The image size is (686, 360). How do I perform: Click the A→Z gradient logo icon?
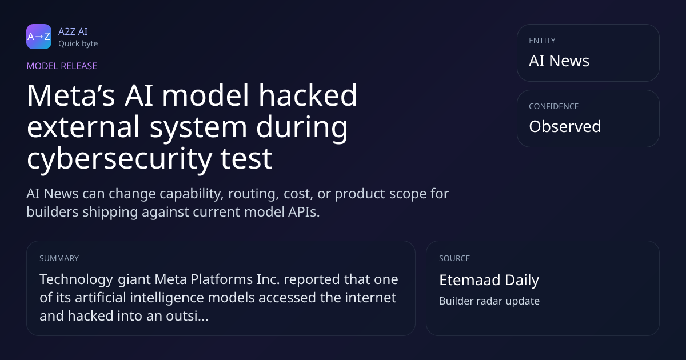pos(39,37)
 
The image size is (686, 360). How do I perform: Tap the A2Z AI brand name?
pos(73,31)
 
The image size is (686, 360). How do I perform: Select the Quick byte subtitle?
pos(78,44)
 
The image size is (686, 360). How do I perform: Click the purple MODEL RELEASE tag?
pos(62,66)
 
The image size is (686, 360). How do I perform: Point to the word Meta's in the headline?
pos(71,95)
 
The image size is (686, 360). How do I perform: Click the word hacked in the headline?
pos(308,95)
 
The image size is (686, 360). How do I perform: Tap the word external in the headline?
pos(83,127)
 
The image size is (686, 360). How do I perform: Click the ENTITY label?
pos(542,41)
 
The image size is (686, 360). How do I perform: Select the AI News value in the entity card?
pos(559,61)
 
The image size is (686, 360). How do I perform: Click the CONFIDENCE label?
pos(554,106)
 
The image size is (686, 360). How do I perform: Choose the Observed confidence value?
pos(565,126)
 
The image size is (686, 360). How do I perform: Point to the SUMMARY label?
pos(59,258)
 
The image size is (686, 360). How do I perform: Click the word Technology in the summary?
pos(76,280)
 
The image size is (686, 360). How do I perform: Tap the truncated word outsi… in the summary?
pos(187,316)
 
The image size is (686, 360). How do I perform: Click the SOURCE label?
pos(454,258)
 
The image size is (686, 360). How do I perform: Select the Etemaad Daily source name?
pos(489,280)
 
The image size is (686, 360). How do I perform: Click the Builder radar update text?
pos(489,301)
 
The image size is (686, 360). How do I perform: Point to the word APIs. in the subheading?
pos(304,212)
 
